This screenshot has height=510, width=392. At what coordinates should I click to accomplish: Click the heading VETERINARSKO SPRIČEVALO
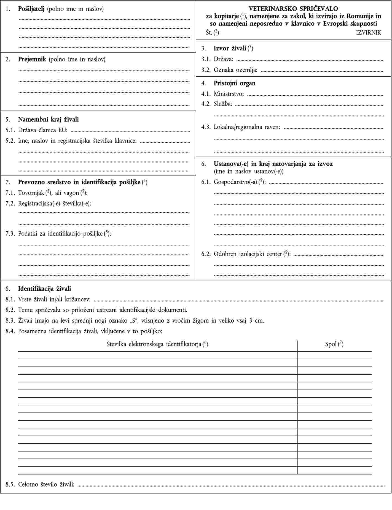[293, 9]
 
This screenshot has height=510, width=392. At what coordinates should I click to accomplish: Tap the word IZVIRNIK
[368, 33]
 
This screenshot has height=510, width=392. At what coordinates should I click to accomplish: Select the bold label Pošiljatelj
[31, 9]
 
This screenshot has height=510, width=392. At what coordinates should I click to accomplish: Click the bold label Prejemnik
[32, 59]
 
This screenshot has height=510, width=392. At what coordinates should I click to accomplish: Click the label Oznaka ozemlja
[235, 70]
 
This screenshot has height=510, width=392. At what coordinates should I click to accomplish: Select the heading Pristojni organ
[235, 83]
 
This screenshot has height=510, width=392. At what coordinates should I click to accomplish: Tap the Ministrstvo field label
[229, 94]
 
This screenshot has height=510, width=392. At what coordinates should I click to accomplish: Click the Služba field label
[223, 104]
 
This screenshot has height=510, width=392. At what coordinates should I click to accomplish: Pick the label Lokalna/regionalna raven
[247, 127]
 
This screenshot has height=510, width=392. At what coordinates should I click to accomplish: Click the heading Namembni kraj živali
[48, 120]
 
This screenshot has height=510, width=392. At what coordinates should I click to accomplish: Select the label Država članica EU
[43, 130]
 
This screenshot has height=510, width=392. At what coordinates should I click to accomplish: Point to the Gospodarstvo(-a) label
[235, 182]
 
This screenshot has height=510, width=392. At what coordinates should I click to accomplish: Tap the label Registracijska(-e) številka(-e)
[54, 204]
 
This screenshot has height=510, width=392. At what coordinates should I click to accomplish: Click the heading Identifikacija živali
[44, 289]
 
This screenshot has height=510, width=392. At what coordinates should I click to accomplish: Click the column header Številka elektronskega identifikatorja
[154, 344]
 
